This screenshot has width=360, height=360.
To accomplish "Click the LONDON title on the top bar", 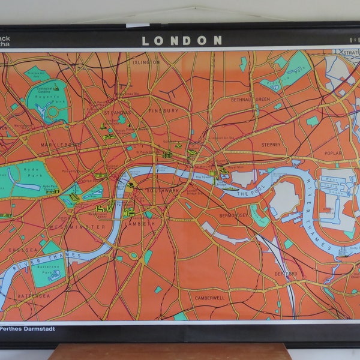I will tap(182, 41).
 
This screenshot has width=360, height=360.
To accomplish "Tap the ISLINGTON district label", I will tap(146, 62).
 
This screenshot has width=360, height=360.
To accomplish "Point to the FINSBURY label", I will tap(164, 111).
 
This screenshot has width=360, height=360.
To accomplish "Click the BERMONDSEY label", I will tap(234, 214).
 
